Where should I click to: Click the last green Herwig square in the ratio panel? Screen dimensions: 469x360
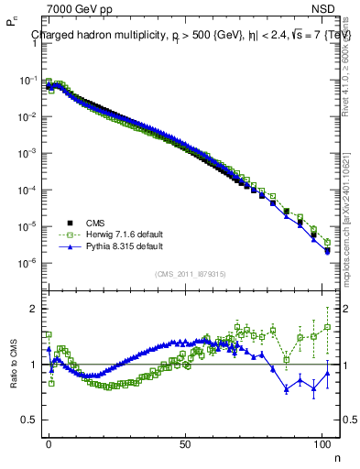click(x=328, y=326)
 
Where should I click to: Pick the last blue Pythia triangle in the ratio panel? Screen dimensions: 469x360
click(x=328, y=373)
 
